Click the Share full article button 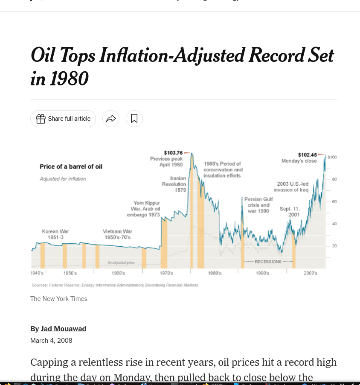63,119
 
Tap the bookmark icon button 134,119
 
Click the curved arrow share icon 111,119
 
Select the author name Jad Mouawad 64,329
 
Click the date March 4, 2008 51,341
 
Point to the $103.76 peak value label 173,153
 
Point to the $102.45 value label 307,155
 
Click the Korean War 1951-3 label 55,234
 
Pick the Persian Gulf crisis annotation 258,205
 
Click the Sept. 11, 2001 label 290,211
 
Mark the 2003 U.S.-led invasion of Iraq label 291,187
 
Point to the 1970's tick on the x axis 166,273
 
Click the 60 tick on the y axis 334,201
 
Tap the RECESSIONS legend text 268,262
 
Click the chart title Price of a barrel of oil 71,166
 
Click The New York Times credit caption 58,299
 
